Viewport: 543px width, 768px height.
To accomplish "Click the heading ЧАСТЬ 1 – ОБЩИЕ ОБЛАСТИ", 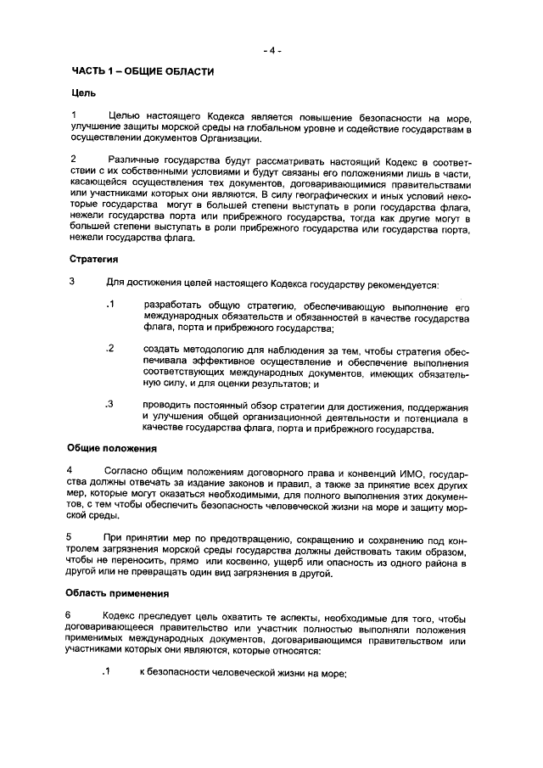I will click(142, 71).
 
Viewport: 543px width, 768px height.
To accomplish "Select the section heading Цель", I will click(83, 92).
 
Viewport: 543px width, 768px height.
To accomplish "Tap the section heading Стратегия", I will click(93, 259).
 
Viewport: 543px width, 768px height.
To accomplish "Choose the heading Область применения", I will click(118, 593).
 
